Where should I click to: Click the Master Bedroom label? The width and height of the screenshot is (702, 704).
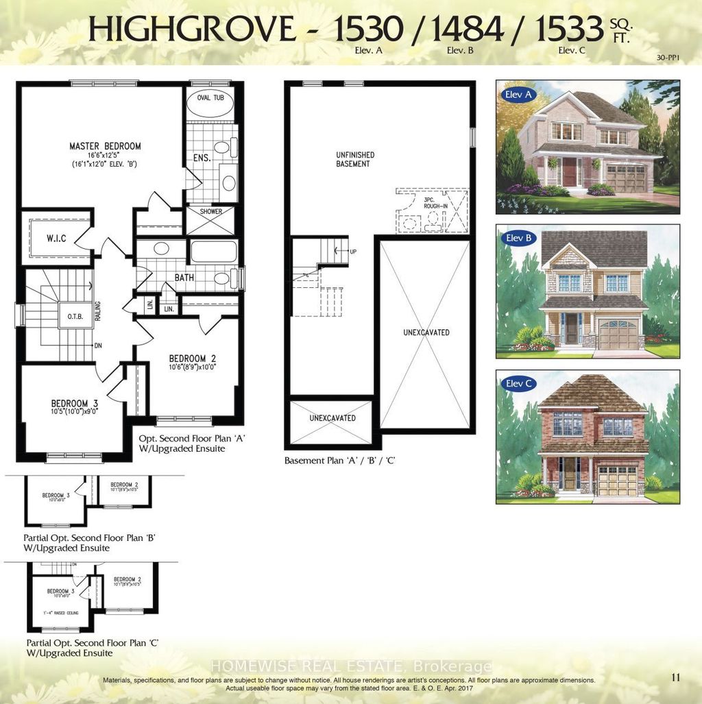105,146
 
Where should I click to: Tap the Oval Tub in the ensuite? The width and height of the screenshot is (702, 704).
210,98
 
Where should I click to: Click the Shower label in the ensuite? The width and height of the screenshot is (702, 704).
211,212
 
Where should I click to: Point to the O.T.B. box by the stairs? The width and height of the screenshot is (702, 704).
75,317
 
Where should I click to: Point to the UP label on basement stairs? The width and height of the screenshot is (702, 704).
353,252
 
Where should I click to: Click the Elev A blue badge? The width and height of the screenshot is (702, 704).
519,95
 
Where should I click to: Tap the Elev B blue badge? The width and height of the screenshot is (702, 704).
519,239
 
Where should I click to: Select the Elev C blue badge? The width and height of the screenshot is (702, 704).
519,383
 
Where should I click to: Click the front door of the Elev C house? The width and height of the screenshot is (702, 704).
569,474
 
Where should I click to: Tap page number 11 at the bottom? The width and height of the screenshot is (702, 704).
676,678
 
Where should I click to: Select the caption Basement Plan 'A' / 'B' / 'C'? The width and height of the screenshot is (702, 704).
339,461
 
